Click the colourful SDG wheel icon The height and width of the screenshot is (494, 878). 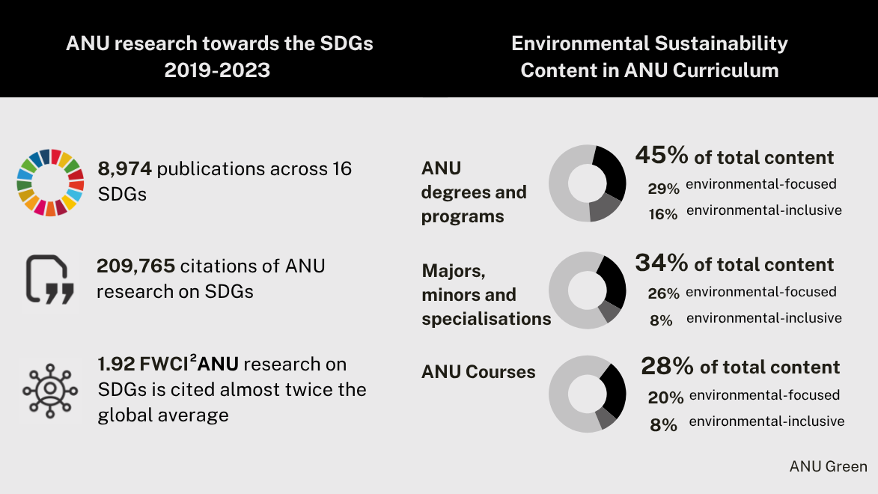point(50,183)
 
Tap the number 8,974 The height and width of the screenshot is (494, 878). point(125,168)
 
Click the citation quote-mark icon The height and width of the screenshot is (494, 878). point(50,279)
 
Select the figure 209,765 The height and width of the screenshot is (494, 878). point(135,266)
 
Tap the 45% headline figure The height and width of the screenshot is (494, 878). point(661,156)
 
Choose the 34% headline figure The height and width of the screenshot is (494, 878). point(661,263)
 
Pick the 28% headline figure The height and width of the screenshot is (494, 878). point(667,366)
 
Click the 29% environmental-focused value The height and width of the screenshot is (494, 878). point(663,188)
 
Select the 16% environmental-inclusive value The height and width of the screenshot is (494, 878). point(663,214)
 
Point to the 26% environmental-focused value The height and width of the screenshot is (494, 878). point(663,293)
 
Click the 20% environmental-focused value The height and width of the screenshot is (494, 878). point(665,397)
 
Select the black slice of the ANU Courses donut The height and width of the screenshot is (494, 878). point(614,389)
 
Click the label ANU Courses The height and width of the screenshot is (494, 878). point(478,372)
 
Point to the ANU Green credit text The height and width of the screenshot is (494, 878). point(828,466)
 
